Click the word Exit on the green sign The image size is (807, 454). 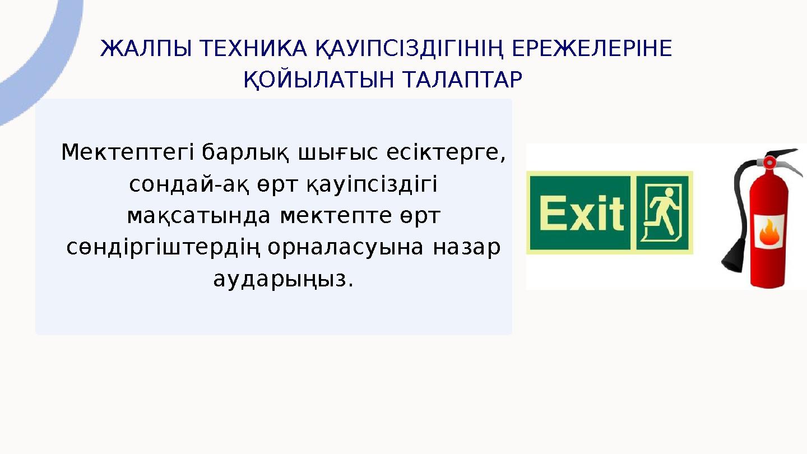coord(582,214)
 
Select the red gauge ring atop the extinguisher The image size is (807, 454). coord(769,163)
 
